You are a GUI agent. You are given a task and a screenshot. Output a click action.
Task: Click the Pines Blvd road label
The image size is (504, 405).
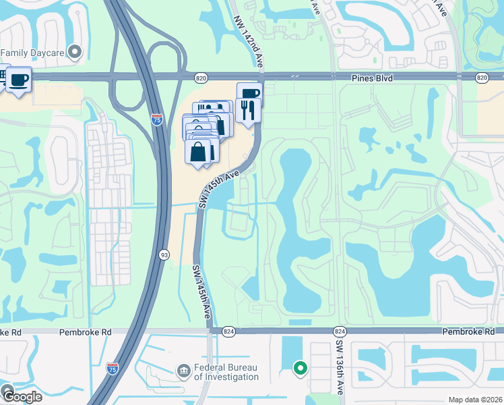click(372, 78)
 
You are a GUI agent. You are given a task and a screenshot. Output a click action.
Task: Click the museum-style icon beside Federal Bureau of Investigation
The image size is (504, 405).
click(183, 371)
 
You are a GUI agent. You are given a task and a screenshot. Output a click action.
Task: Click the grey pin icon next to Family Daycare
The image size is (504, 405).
click(75, 51)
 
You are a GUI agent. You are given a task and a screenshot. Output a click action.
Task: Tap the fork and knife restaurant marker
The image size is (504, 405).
click(248, 109)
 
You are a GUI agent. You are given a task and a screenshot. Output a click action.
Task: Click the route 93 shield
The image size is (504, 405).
click(164, 254)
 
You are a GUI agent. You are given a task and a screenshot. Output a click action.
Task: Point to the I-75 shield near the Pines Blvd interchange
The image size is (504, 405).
click(157, 120)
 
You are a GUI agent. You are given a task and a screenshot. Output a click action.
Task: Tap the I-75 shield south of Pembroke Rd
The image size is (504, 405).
click(112, 368)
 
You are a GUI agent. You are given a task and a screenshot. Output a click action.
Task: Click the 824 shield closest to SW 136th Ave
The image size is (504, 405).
click(339, 331)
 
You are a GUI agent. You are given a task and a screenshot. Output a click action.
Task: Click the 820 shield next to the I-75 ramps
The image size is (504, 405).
click(200, 78)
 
